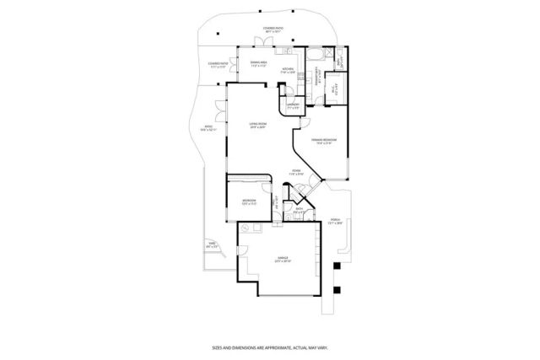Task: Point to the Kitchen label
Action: click(288, 71)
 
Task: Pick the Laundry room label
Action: click(293, 105)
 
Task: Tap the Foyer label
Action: click(296, 171)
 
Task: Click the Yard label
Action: click(213, 245)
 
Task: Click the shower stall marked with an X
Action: click(340, 63)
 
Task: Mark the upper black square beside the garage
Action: click(337, 266)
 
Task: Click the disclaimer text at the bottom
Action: click(269, 347)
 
